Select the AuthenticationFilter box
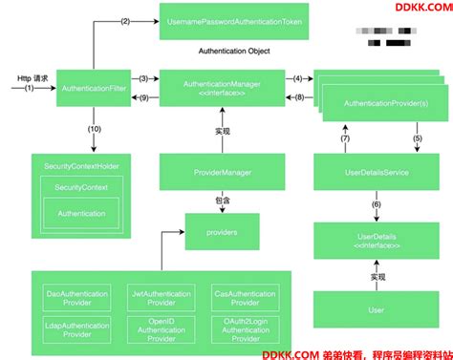(93, 87)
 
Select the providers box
(221, 230)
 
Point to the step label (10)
(93, 128)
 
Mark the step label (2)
(124, 20)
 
